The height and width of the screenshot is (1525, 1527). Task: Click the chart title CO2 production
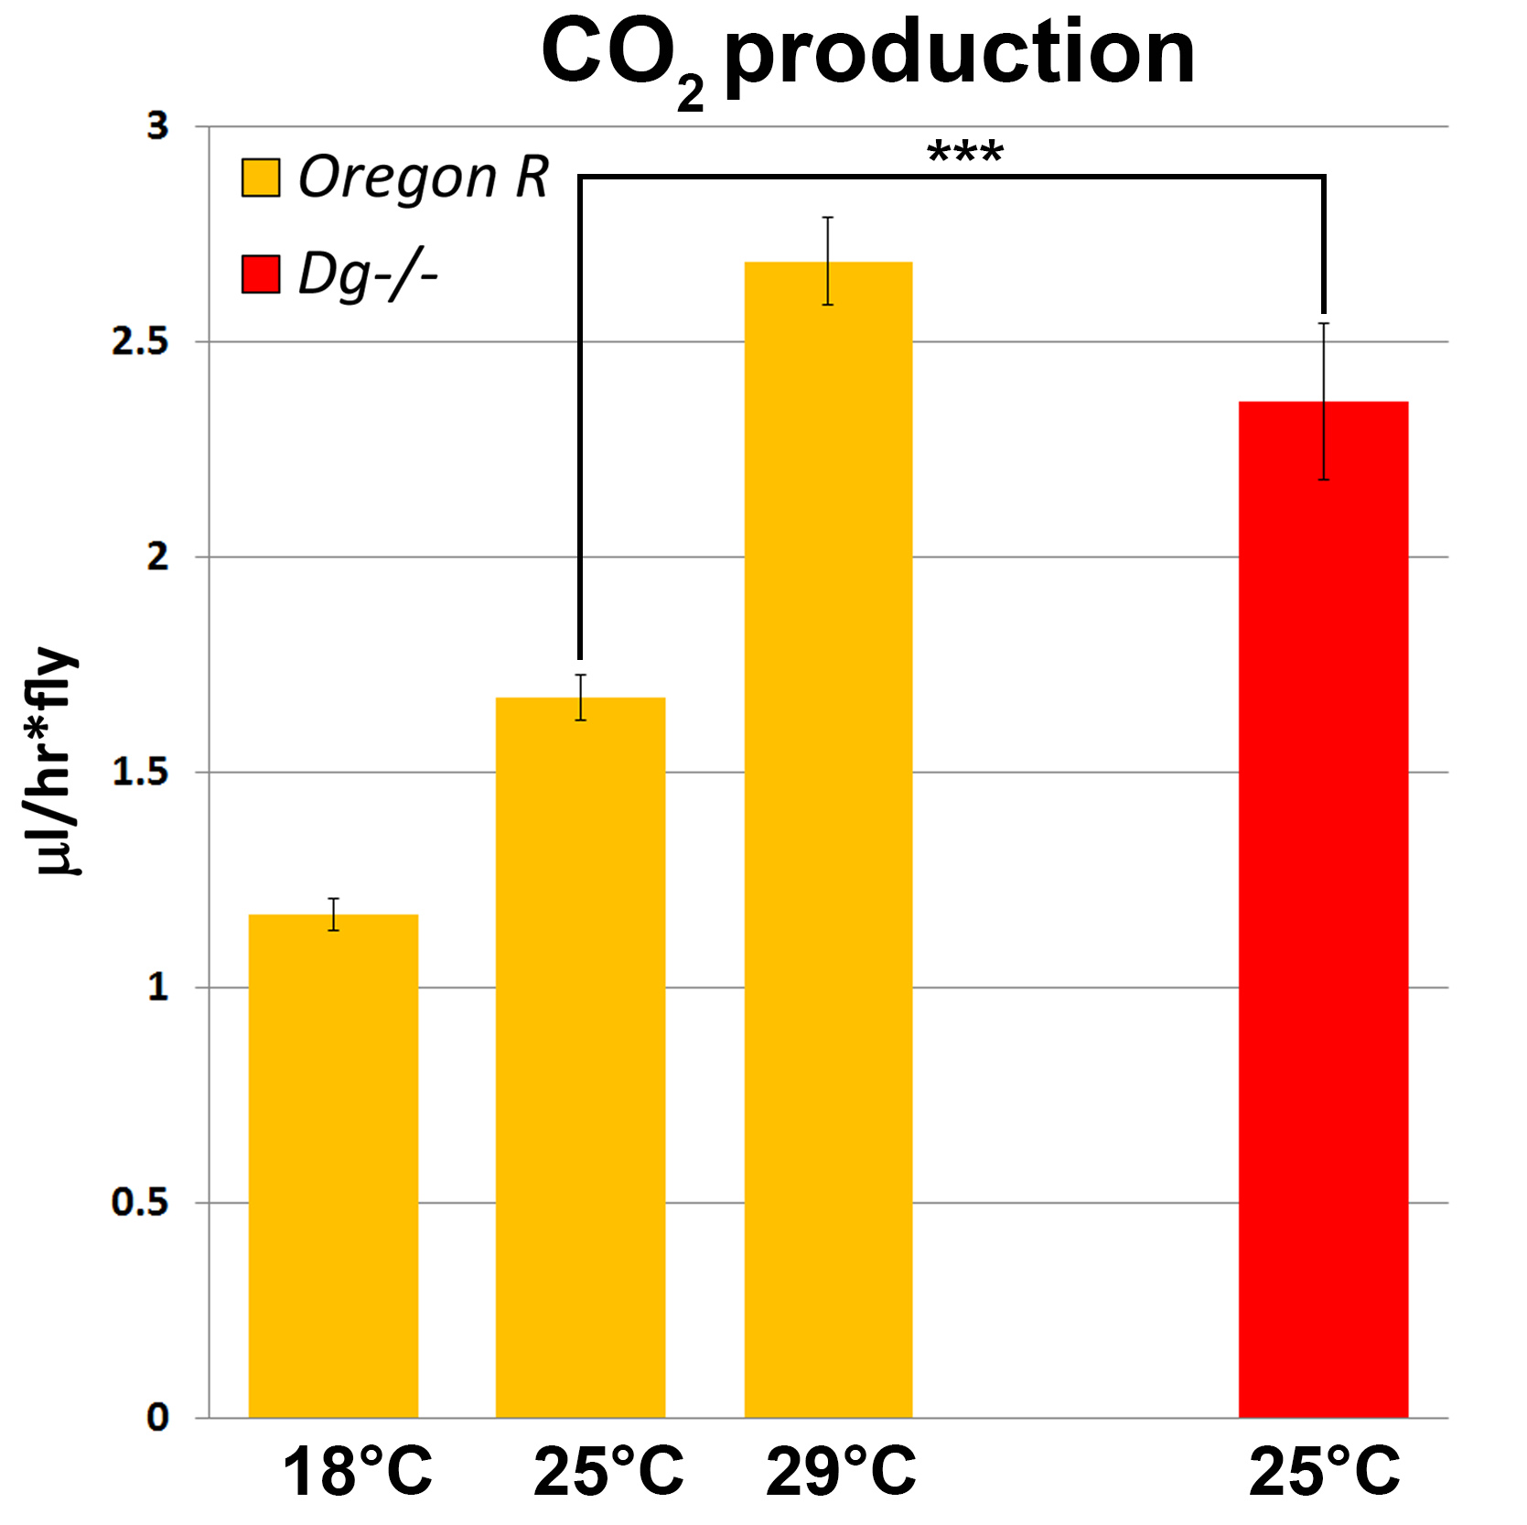[x=866, y=57]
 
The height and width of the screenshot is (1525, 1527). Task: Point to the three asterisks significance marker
[x=965, y=152]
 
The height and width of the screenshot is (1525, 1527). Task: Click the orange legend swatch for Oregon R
[x=261, y=178]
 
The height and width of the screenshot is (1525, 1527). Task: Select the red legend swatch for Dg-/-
[x=261, y=275]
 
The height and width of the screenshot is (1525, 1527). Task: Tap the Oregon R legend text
[x=424, y=177]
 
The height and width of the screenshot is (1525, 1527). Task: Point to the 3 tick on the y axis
[x=158, y=126]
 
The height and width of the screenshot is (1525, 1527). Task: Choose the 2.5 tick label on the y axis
[x=140, y=341]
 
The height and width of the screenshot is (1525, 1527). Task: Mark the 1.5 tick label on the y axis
[x=140, y=773]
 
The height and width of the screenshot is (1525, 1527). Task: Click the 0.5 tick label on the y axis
[x=140, y=1203]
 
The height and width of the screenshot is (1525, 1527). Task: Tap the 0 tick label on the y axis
[x=158, y=1418]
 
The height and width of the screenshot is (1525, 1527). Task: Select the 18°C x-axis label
[x=357, y=1472]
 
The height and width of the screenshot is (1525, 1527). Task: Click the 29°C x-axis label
[x=841, y=1472]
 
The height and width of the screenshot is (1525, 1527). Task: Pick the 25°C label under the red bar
[x=1324, y=1472]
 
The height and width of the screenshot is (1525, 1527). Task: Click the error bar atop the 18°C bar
[x=334, y=914]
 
